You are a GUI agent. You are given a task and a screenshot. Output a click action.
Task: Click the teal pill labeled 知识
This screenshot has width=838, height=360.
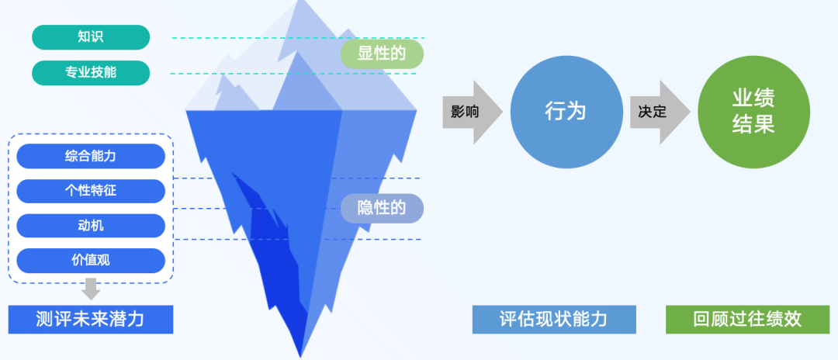91,37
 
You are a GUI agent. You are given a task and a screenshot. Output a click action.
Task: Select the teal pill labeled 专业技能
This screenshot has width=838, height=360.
91,73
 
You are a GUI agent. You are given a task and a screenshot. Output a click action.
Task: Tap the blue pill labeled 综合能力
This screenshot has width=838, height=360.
91,156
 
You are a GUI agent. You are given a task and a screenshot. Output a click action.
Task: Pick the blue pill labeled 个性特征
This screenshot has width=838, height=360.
91,191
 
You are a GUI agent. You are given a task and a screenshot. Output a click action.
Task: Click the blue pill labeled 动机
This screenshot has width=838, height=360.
91,226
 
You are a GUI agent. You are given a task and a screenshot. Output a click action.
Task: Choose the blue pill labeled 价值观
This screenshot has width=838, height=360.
91,261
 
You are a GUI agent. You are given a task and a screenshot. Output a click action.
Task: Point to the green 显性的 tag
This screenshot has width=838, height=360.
382,54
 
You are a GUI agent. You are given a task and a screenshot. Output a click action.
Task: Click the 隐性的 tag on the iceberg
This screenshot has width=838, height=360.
382,207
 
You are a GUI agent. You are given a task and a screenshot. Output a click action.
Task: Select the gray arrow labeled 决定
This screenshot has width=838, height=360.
657,112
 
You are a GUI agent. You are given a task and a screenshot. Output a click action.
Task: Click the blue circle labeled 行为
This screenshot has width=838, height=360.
566,112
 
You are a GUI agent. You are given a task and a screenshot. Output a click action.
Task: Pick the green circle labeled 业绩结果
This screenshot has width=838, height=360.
753,112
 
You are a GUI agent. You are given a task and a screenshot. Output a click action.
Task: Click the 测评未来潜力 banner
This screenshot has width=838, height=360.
91,319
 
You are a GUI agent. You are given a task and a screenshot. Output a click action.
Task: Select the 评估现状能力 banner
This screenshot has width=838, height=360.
553,319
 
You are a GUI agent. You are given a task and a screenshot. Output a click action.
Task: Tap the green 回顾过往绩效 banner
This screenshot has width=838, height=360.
747,319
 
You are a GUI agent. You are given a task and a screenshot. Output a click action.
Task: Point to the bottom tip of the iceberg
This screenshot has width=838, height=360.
301,355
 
